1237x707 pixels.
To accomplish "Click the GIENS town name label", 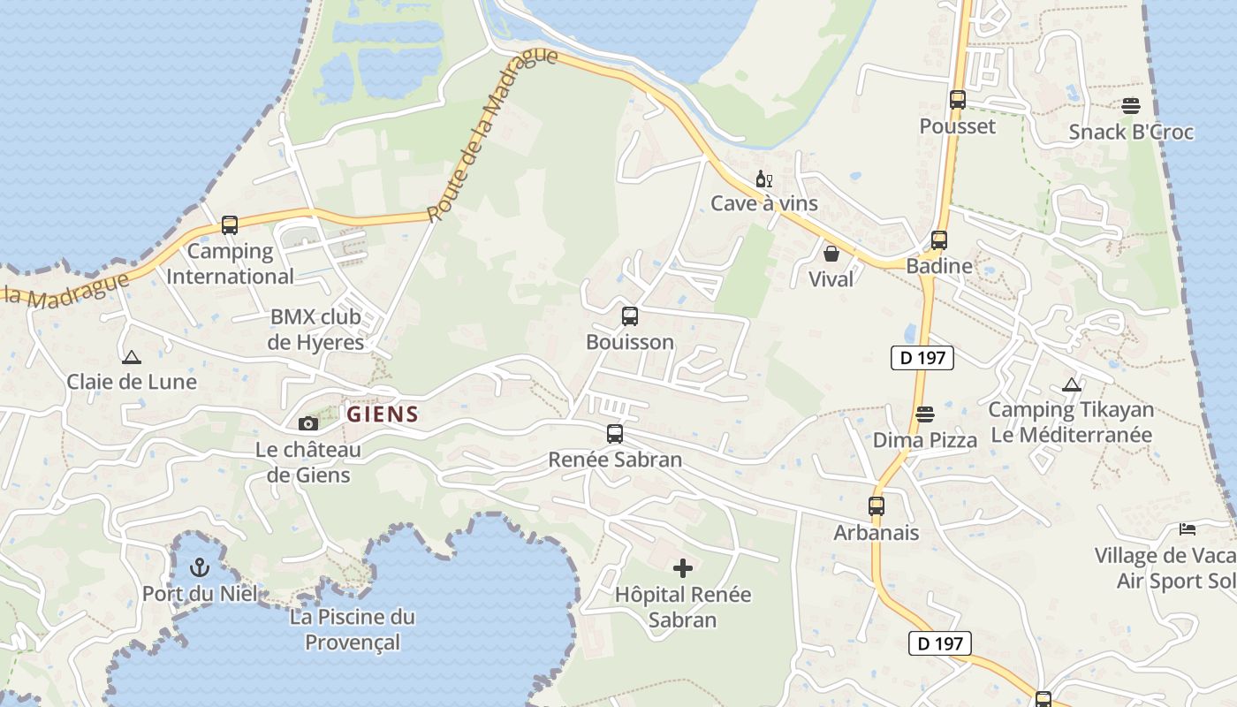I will pos(383,414).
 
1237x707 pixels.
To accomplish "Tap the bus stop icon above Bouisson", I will pos(630,315).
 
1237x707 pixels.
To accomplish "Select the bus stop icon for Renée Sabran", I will pos(615,434).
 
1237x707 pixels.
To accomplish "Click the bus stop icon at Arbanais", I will pos(877,506).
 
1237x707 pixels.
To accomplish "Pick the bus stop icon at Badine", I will pos(939,239).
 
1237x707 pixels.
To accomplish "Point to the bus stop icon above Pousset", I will pos(958,100).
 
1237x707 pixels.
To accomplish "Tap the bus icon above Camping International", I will pos(230,225).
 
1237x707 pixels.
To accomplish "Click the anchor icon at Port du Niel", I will pos(200,566).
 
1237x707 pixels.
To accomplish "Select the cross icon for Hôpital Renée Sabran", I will pos(683,568).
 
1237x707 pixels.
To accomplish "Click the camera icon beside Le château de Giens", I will pos(308,424).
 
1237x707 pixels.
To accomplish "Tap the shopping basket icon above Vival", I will pos(831,255).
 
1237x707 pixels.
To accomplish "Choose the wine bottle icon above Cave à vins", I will pos(764,179).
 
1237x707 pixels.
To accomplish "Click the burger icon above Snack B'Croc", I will pos(1131,106).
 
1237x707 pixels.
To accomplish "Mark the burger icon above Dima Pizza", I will pos(925,414).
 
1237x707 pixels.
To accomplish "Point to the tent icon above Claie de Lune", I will pos(132,357).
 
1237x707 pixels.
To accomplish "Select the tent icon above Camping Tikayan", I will pos(1072,384).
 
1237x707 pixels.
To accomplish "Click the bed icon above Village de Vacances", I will pos(1188,529).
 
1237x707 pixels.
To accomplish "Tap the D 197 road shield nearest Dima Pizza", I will pos(922,358).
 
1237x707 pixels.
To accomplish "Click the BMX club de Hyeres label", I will pos(317,330).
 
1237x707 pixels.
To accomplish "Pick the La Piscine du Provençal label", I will pos(353,629).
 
